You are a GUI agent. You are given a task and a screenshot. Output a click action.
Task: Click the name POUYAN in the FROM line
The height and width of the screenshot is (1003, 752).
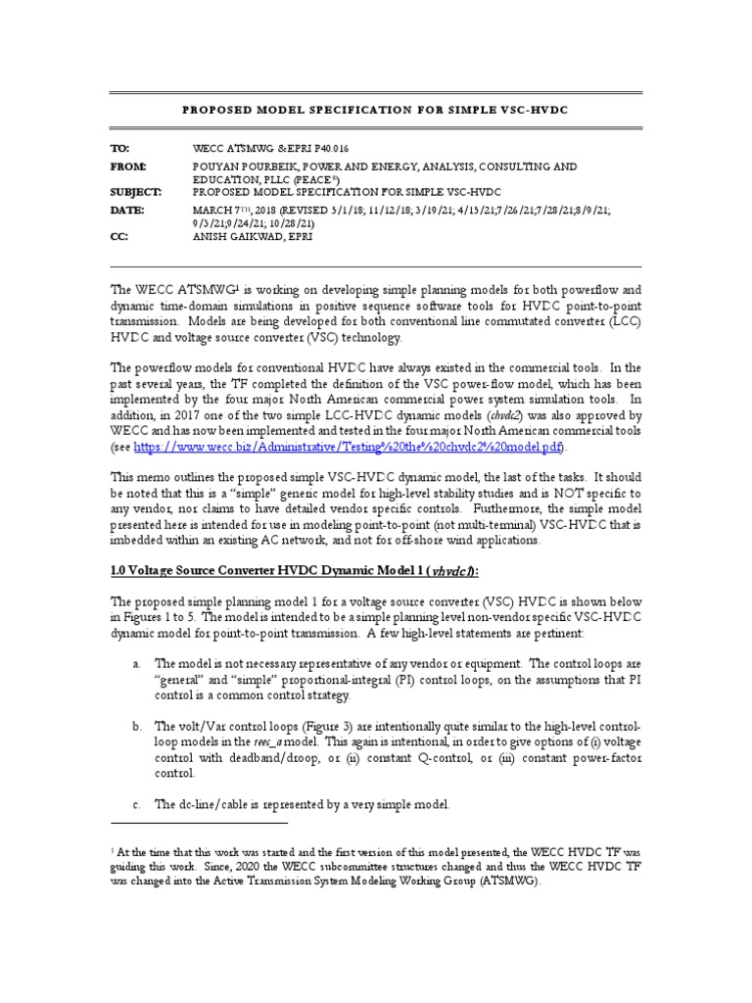point(218,167)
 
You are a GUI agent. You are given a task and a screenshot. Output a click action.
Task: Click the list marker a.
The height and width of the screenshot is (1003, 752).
point(137,663)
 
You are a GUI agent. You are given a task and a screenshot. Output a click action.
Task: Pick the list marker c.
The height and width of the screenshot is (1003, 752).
point(137,804)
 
